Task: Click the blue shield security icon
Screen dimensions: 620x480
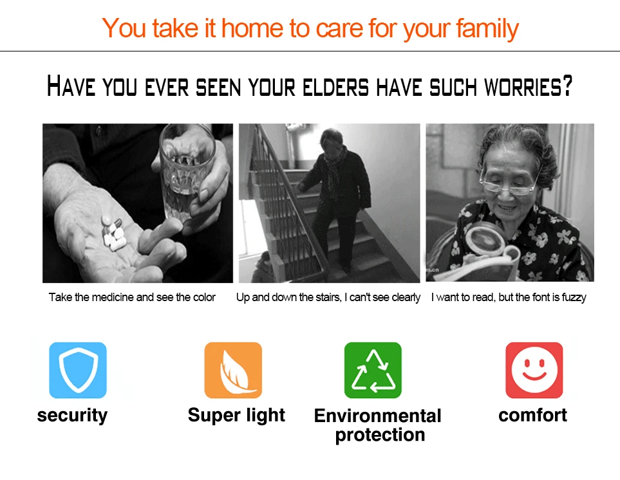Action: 78,370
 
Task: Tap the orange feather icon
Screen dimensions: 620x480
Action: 233,370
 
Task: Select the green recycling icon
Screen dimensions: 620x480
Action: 373,370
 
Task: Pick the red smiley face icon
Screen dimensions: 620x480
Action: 534,370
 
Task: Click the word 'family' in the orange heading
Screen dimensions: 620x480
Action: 487,29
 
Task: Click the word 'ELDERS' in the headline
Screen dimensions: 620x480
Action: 335,87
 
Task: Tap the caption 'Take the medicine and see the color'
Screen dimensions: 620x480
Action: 132,297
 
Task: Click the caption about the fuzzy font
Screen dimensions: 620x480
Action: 509,297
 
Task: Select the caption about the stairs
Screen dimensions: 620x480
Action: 328,297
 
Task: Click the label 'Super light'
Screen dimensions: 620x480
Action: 236,415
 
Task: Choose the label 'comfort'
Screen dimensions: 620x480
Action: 532,415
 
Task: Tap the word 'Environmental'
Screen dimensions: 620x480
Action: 378,416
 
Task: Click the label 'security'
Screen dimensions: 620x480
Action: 72,416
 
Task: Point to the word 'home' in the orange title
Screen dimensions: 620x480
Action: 252,28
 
